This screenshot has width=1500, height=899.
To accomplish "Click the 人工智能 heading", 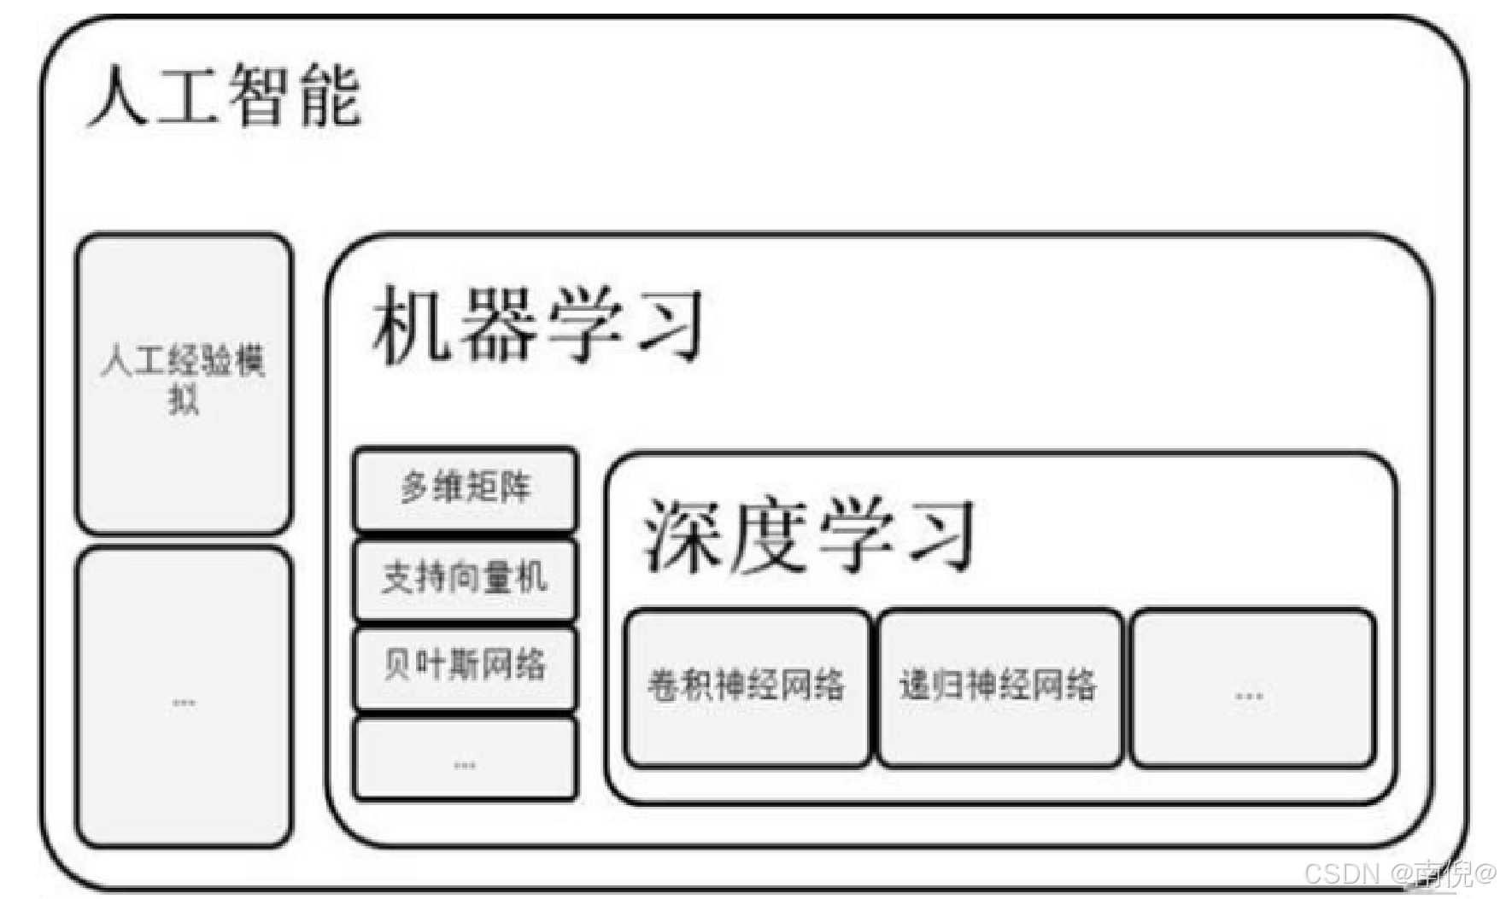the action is (226, 96).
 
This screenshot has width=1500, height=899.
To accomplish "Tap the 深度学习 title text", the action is (808, 535).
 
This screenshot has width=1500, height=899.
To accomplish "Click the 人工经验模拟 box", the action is (184, 382).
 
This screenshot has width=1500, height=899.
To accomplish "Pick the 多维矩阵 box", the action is (466, 488).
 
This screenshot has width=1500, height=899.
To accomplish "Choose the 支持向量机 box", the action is (466, 579).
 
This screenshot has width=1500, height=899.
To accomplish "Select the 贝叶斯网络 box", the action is (466, 666).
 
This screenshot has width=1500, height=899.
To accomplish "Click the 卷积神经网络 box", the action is (747, 686).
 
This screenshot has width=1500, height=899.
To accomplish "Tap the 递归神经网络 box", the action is (999, 686).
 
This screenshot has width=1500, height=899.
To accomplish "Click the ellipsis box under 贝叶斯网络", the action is (466, 759).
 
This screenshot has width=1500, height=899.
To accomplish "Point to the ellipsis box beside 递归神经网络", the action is (1252, 688).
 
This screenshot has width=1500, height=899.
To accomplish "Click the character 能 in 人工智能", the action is (331, 96).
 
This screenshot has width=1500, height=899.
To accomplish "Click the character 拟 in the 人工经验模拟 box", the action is (184, 400).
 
